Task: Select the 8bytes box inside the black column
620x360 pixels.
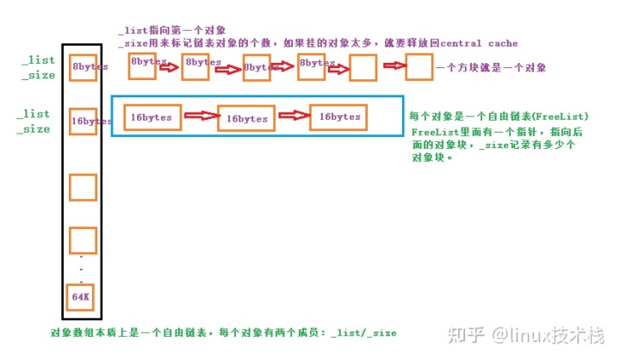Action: pos(84,67)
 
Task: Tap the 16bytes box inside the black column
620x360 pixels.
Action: pos(84,121)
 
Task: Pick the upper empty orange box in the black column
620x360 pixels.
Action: pos(83,187)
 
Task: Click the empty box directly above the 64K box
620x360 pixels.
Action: pos(83,240)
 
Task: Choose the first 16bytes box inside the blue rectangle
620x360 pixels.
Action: pos(152,117)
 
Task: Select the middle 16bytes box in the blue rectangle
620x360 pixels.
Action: pos(246,119)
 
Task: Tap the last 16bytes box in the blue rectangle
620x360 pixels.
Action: pos(339,116)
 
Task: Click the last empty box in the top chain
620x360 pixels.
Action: pos(418,66)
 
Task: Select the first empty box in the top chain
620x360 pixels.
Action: pos(363,67)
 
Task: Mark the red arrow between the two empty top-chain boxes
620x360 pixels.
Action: pos(392,65)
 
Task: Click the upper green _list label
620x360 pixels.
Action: pos(37,61)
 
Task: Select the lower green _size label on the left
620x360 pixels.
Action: pos(34,129)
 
